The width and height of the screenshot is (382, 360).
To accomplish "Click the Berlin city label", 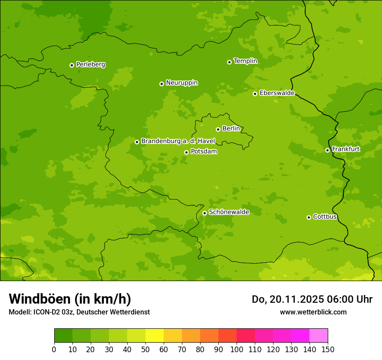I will (x=231, y=128).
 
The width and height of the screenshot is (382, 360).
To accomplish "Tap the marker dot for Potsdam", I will (x=187, y=152).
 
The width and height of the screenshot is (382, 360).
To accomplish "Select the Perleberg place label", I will (x=90, y=64).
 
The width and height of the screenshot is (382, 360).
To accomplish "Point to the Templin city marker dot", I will (x=229, y=62).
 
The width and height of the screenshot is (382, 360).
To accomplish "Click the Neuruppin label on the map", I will (x=181, y=82).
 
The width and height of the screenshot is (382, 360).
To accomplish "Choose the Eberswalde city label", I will (x=277, y=93).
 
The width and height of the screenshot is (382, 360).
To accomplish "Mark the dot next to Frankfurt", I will (x=327, y=150).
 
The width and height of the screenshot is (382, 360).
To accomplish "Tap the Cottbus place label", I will (x=325, y=216).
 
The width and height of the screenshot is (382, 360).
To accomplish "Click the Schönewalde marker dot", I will (x=204, y=213).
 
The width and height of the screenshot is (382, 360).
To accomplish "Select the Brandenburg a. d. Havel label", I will (x=178, y=141).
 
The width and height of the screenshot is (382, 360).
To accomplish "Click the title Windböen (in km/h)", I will (x=70, y=299).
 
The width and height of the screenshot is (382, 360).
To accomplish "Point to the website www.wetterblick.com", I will (x=313, y=312).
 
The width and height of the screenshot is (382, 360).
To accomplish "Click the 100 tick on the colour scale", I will (x=237, y=349).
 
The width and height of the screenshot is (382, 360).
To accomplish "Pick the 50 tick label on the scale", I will (x=145, y=349).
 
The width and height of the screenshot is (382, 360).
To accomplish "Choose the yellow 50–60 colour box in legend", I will (x=155, y=336).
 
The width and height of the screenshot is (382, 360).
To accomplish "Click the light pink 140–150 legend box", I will (x=319, y=336).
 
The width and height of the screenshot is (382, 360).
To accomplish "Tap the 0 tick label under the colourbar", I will (x=54, y=349).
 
